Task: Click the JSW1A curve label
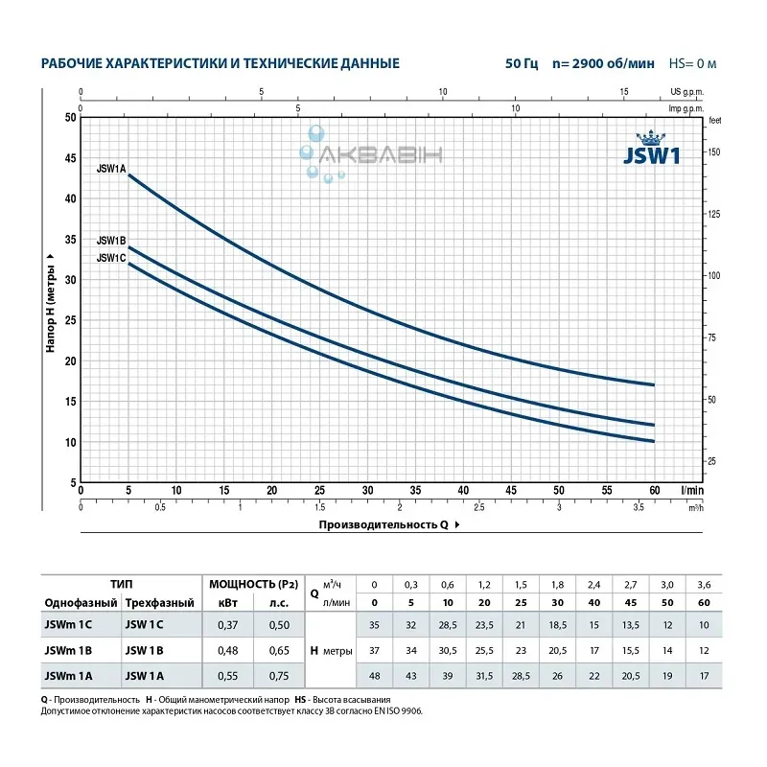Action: click(111, 168)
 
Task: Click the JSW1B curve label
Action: click(111, 240)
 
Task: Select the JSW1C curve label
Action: click(111, 257)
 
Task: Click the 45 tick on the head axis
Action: click(68, 158)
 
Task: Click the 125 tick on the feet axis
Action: click(713, 214)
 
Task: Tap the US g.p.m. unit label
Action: click(683, 92)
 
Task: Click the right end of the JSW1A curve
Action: click(653, 384)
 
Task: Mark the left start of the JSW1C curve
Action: click(128, 264)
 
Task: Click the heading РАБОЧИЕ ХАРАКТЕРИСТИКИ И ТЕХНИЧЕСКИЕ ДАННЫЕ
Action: click(220, 63)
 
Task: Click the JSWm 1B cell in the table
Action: click(68, 649)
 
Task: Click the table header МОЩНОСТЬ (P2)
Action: click(248, 582)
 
